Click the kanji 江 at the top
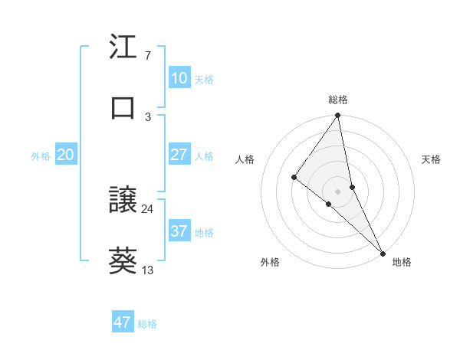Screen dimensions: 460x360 (123, 47)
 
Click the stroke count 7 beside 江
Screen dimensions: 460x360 (147, 57)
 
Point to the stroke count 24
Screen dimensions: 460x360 (148, 208)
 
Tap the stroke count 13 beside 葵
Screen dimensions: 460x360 (148, 270)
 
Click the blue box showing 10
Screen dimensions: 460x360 (179, 78)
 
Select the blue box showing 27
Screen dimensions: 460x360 (179, 155)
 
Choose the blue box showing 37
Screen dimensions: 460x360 (179, 231)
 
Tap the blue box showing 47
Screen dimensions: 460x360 (123, 322)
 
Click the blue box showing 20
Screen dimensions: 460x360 (65, 155)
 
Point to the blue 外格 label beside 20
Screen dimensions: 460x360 (41, 156)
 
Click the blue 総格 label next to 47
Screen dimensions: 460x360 (147, 324)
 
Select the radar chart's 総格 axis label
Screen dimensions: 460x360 (338, 100)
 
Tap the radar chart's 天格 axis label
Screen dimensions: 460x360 (431, 159)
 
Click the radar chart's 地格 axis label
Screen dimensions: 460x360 (402, 262)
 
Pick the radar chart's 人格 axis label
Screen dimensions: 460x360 (245, 159)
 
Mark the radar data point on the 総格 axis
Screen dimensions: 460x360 (337, 116)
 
